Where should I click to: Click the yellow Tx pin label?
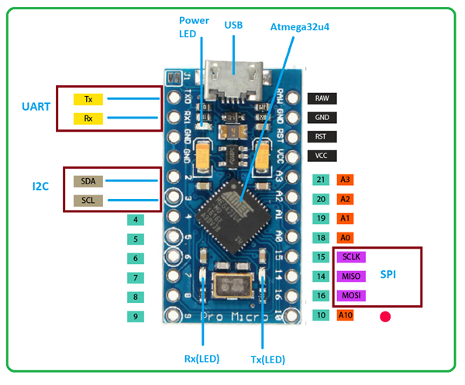point(88,99)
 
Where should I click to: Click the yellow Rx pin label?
point(88,119)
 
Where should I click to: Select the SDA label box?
point(88,181)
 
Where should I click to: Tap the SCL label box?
point(88,201)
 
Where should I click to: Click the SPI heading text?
point(391,275)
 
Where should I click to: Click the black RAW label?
point(322,98)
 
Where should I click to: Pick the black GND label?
point(322,118)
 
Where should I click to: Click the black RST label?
point(322,136)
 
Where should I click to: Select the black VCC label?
point(322,156)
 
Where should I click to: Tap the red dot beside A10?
point(385,316)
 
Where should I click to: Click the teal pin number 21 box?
point(322,180)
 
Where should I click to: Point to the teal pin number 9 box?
point(136,315)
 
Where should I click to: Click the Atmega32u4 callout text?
point(300,26)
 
